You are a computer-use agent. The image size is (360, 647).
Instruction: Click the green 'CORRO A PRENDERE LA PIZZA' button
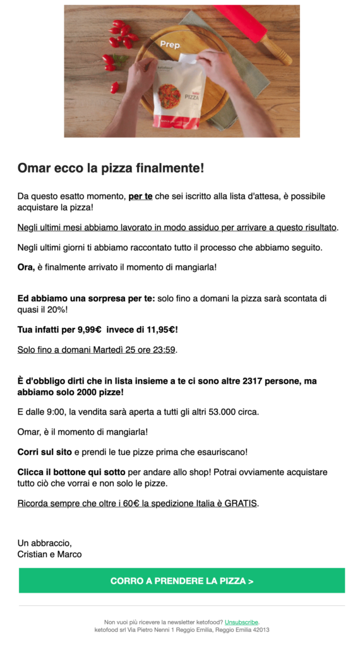pos(182,581)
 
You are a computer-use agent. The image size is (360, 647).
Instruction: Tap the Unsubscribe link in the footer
pos(241,622)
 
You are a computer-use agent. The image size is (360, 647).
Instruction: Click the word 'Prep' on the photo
pos(170,45)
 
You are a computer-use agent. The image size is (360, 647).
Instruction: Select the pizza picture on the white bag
pos(169,96)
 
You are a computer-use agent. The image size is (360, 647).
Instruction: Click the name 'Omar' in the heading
pos(32,168)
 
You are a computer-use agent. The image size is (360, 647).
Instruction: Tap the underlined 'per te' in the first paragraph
pos(140,197)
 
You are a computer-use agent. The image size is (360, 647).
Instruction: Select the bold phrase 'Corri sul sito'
pos(45,452)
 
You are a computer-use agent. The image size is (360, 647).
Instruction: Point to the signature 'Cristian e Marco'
pos(49,554)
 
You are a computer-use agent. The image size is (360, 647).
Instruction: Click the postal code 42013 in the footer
pos(261,629)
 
